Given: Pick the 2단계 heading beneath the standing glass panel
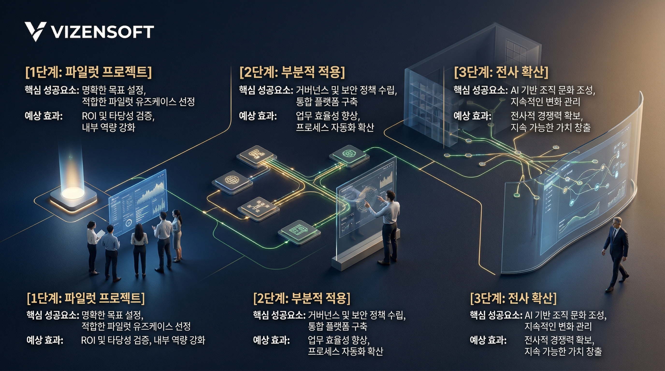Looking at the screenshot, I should pos(302,298).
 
